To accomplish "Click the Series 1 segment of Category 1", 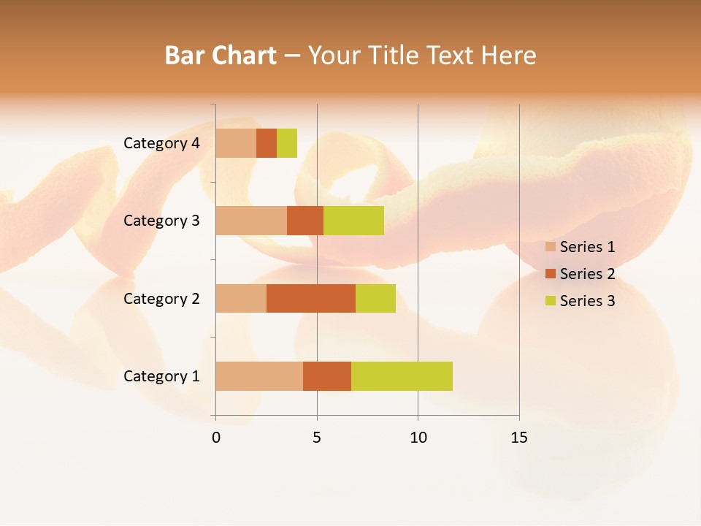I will [259, 376].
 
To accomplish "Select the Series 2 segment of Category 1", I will [327, 376].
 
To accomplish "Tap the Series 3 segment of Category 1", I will [402, 376].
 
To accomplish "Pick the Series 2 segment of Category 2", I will [311, 298].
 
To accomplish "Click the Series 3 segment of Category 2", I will [375, 298].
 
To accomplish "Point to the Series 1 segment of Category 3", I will [251, 221].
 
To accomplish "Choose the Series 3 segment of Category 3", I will [353, 221].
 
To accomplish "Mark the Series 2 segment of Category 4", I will [267, 143].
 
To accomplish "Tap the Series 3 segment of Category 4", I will [287, 143].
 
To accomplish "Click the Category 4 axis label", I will [161, 143].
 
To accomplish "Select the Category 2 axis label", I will [161, 298].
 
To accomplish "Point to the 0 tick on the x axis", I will [216, 438].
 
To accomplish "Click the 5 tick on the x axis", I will [317, 438].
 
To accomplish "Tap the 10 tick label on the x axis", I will [418, 438].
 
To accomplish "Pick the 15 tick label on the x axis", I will [519, 438].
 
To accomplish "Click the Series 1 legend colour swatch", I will [550, 247].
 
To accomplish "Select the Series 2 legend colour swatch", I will [550, 274].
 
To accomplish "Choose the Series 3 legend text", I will [587, 301].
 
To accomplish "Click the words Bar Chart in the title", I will [220, 56].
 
